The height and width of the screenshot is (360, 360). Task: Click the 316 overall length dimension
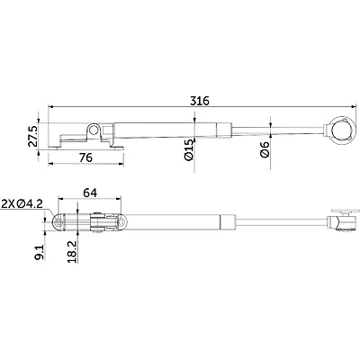[200, 101]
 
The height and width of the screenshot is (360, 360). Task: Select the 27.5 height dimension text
[32, 137]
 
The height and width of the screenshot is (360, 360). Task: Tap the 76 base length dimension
[85, 157]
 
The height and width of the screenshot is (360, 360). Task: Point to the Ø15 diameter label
[189, 150]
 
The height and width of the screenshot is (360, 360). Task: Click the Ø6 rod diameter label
[265, 150]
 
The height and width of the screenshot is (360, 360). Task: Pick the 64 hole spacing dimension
[90, 193]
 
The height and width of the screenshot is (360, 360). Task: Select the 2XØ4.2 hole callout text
[22, 204]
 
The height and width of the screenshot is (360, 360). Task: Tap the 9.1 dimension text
[40, 252]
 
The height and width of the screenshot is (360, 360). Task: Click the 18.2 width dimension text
[72, 252]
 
